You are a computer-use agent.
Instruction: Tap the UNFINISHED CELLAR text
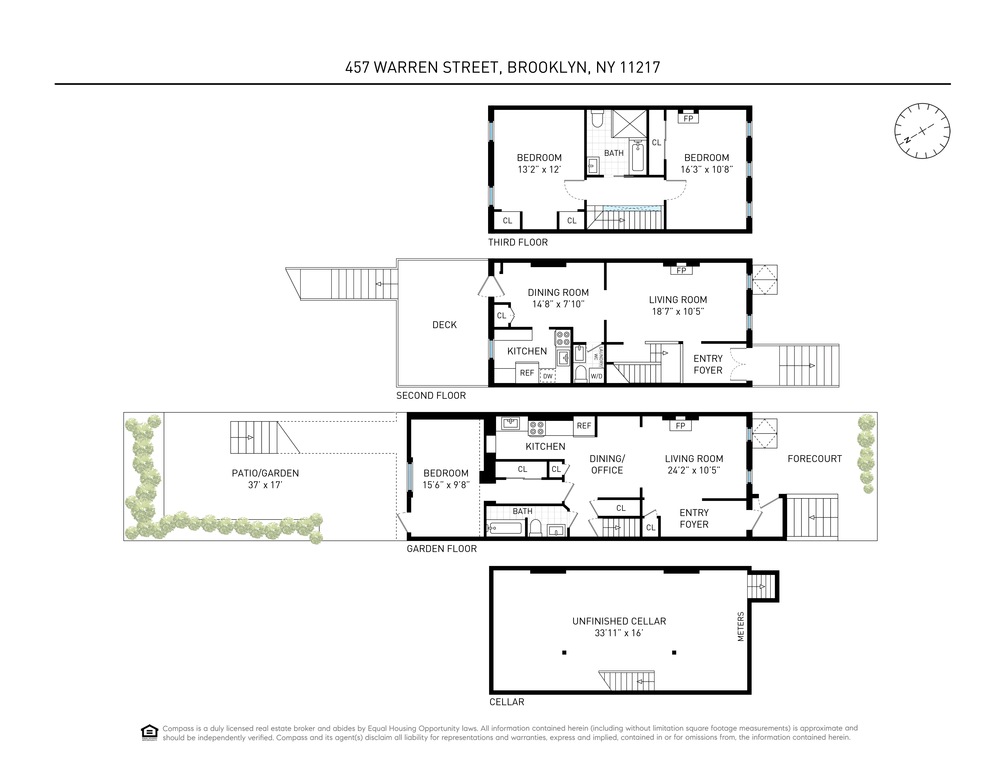[619, 621]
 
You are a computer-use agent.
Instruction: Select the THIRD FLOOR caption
[518, 242]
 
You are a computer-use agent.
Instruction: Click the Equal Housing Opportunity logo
[149, 732]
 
